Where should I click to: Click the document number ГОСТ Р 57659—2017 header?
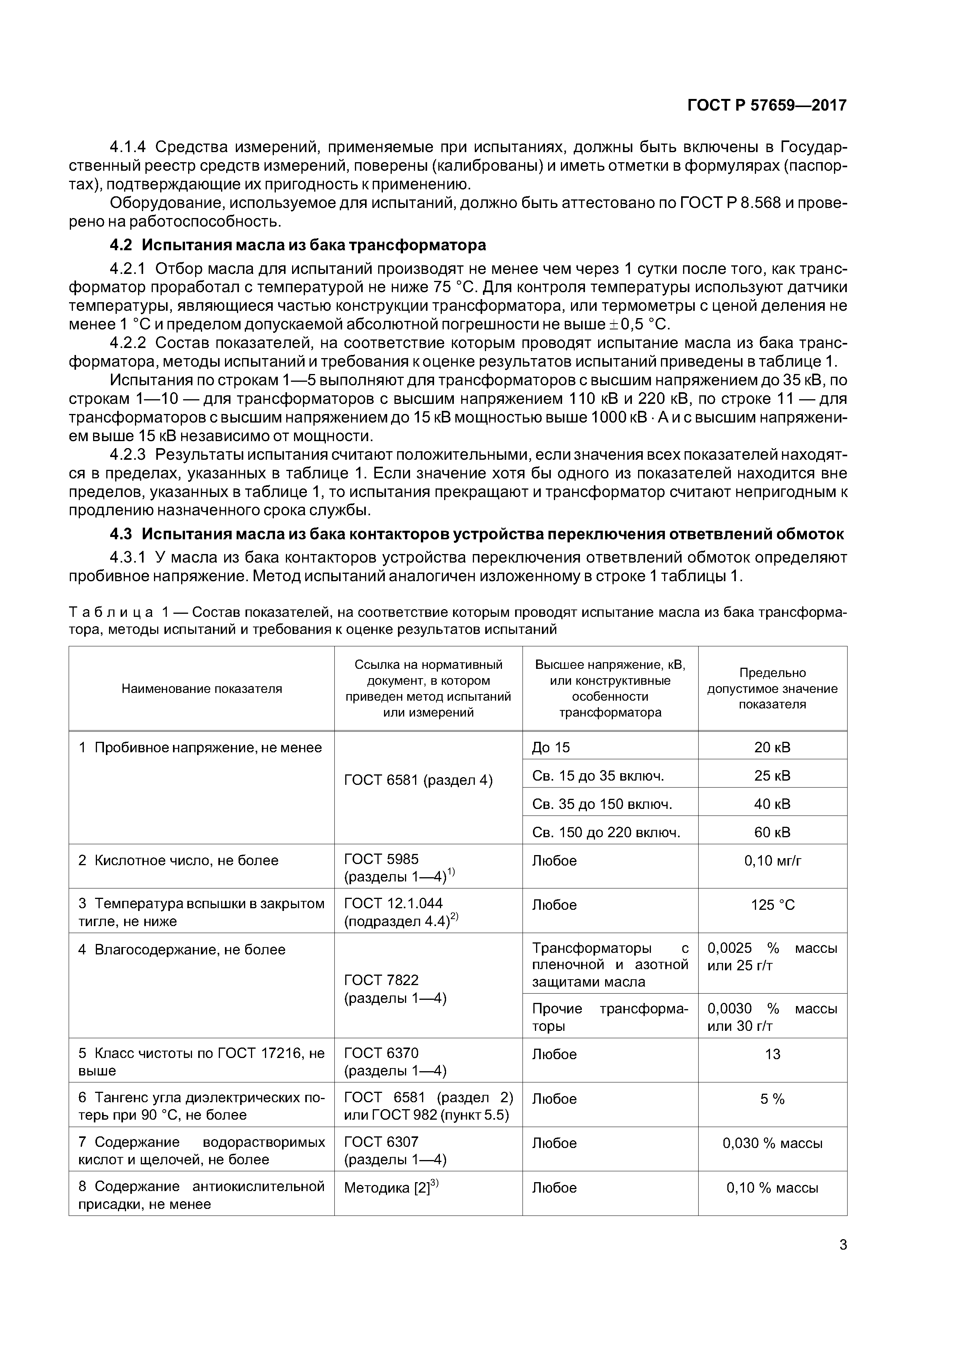click(766, 106)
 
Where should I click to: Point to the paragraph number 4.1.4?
click(128, 147)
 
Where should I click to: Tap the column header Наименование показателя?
click(202, 688)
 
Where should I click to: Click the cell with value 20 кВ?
click(772, 748)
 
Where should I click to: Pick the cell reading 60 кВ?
click(772, 832)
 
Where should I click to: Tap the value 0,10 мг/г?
click(772, 860)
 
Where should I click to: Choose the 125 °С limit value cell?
click(772, 905)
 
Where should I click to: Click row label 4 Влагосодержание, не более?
click(182, 950)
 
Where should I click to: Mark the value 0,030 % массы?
click(772, 1143)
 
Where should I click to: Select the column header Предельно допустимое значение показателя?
click(772, 688)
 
